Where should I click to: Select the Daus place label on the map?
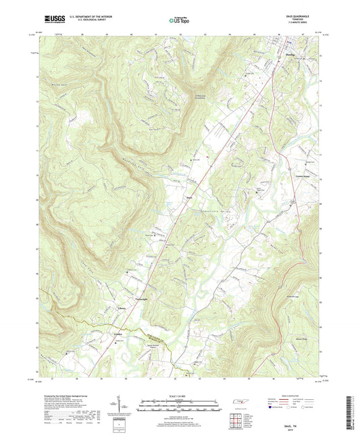click(x=190, y=197)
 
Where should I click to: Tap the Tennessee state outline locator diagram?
click(x=240, y=403)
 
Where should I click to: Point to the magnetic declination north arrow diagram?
click(x=128, y=405)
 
